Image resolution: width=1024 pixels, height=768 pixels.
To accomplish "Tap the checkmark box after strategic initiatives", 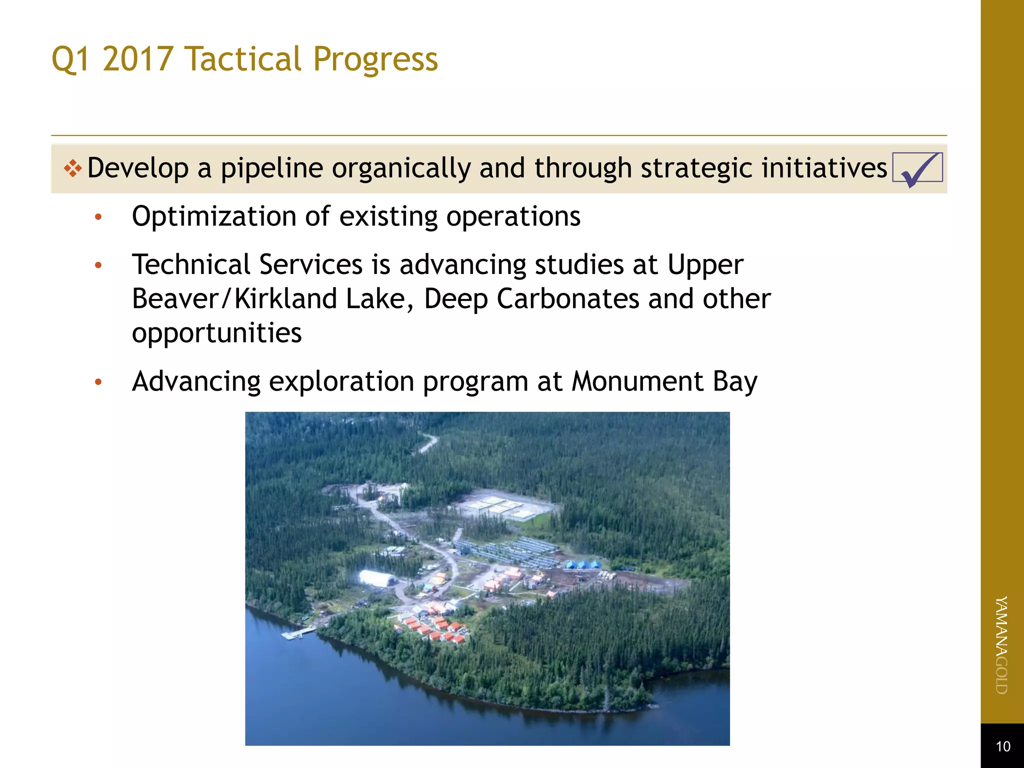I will click(x=917, y=168).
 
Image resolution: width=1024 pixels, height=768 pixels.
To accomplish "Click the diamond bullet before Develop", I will click(x=73, y=168).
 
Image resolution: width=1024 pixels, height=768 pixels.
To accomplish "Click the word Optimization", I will click(x=214, y=217).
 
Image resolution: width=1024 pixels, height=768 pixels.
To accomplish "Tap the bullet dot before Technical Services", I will click(x=98, y=265).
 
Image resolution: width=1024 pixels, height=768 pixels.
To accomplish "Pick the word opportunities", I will click(x=216, y=333).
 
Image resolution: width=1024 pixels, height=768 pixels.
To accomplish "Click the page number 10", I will click(x=1002, y=746).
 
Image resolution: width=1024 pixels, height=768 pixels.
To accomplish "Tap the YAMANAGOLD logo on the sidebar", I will click(x=1001, y=645).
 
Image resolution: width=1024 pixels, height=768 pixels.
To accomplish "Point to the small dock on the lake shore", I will click(x=298, y=633).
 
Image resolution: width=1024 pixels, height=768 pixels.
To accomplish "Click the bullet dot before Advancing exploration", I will click(x=98, y=382).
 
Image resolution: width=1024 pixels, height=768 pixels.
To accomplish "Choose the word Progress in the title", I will click(x=375, y=59).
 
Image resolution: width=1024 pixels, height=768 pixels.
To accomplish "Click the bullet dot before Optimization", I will click(x=98, y=217).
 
